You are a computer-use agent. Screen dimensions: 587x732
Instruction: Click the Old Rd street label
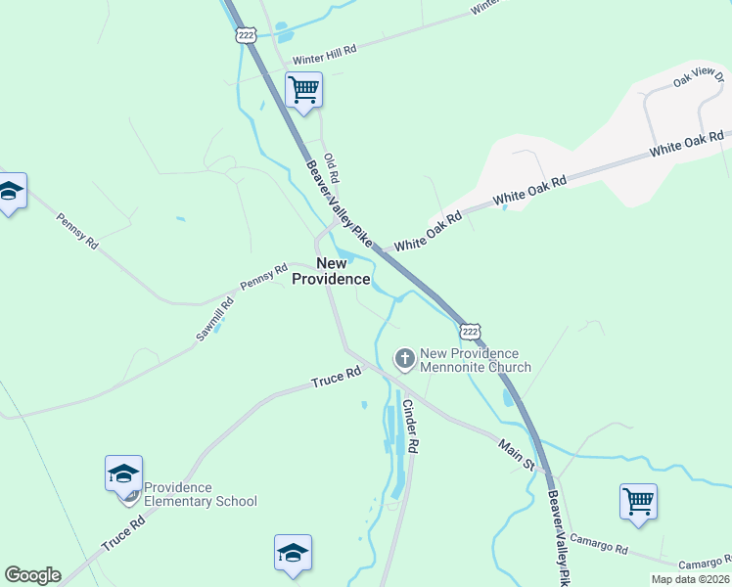332,168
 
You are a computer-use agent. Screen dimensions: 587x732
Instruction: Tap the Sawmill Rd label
214,318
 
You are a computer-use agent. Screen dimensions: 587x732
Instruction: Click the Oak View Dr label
696,76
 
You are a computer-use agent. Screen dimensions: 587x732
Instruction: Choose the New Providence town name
332,271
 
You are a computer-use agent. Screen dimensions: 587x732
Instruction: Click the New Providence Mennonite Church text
475,360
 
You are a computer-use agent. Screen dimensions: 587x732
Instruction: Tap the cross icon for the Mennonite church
404,359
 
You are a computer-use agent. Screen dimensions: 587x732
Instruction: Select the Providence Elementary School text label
200,494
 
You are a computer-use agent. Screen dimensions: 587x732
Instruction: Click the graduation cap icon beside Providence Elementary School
124,474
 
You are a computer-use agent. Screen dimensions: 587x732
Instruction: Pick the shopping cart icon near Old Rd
304,91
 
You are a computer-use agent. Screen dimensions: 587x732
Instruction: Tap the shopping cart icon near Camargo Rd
638,502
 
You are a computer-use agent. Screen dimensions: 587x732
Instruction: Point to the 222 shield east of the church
471,330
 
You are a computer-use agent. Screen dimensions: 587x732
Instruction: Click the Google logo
32,575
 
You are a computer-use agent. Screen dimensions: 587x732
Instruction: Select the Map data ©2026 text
690,579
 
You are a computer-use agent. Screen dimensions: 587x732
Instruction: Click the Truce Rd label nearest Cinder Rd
337,376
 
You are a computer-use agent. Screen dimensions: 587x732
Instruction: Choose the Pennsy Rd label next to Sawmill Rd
263,275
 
